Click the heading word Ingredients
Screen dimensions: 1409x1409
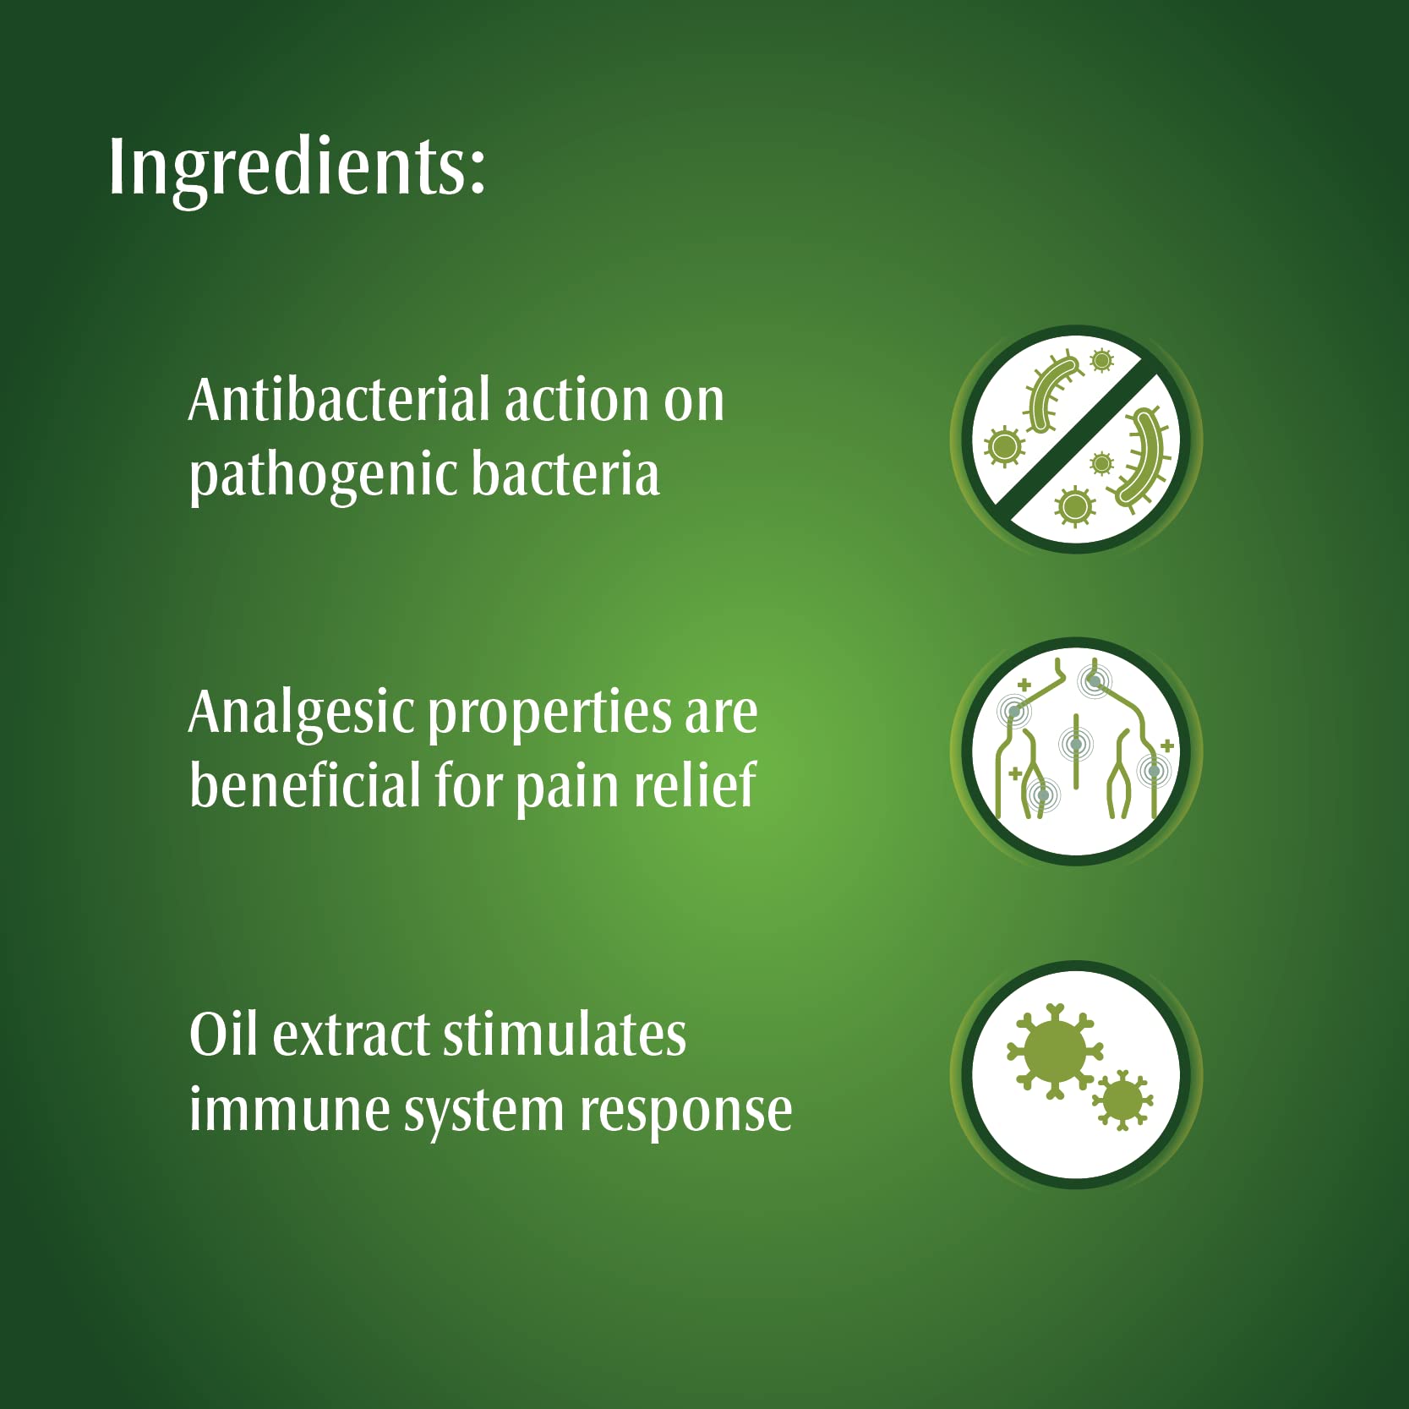[297, 168]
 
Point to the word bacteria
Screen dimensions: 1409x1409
[565, 473]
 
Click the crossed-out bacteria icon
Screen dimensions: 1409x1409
[1076, 440]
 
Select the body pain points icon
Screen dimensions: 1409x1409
[1076, 751]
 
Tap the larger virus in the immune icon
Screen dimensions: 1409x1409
[1054, 1051]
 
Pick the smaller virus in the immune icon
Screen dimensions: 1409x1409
[1122, 1100]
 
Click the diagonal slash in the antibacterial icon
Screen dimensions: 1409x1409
[1076, 440]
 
